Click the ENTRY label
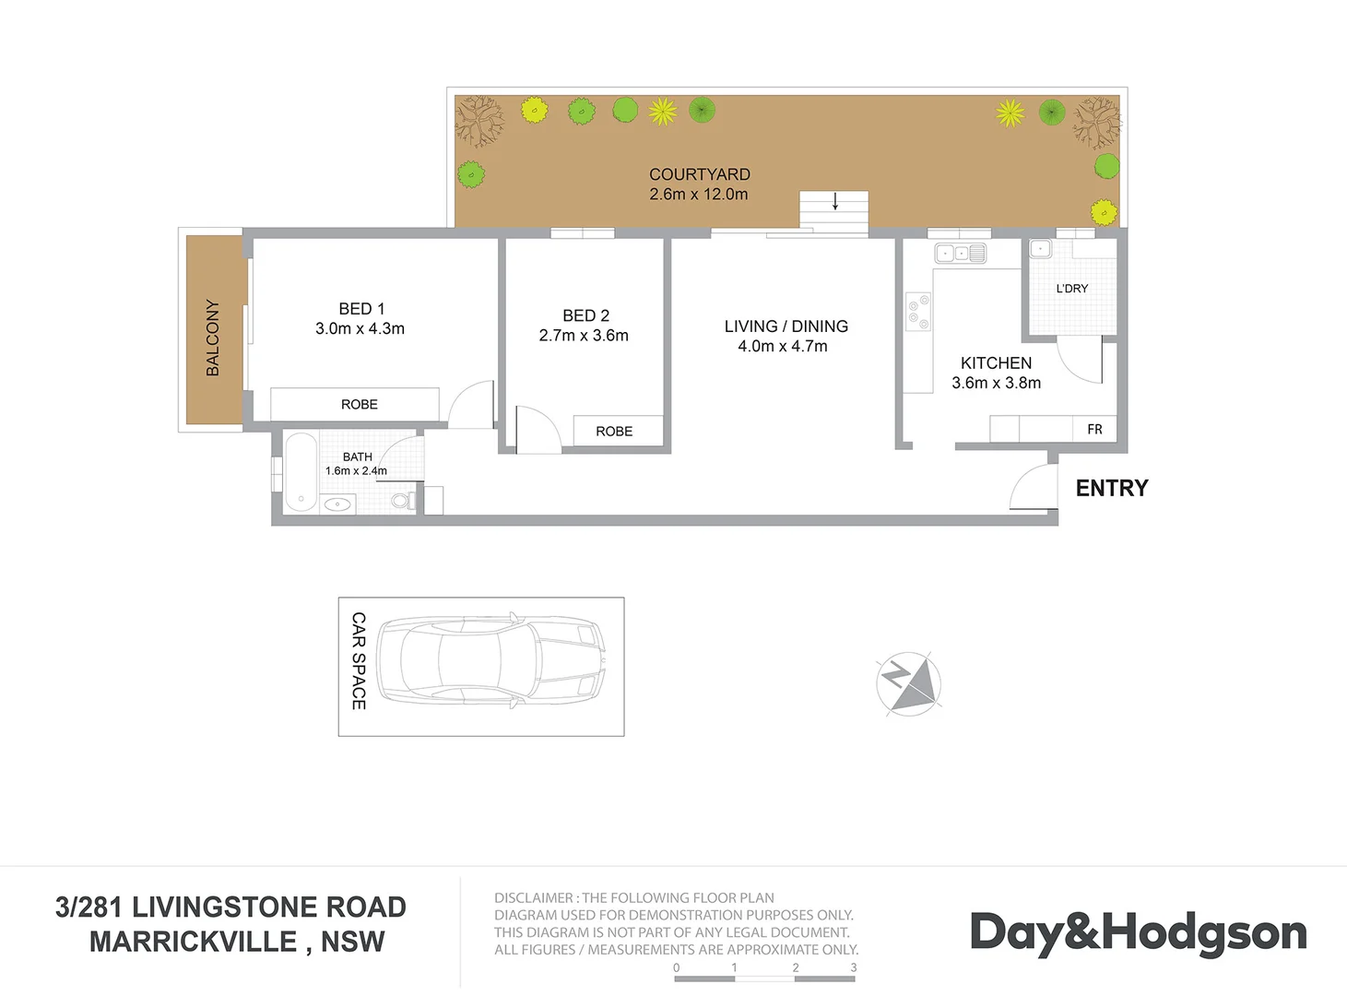(1111, 488)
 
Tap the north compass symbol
(909, 683)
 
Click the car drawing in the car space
(490, 660)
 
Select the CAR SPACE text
(359, 661)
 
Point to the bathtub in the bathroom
(301, 471)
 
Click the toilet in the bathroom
(403, 501)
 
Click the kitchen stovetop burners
(918, 312)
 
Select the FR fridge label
(1094, 430)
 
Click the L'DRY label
(1071, 289)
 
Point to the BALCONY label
(213, 338)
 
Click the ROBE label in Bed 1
(360, 405)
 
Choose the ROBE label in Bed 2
(614, 432)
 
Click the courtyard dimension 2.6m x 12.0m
(698, 195)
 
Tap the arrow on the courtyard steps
(835, 201)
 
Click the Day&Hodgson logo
(1138, 932)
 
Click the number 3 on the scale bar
(854, 967)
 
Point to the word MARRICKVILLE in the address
(193, 942)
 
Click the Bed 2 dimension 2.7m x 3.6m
(584, 336)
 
